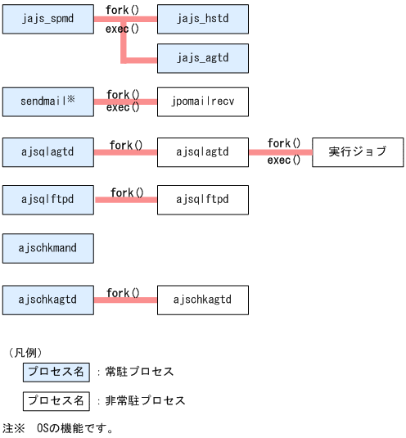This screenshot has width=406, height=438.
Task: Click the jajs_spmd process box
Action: coord(48,17)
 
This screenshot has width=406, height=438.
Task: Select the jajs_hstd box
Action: coord(202,17)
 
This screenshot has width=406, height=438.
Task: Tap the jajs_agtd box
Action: coord(202,58)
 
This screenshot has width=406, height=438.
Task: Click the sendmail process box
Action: coord(48,102)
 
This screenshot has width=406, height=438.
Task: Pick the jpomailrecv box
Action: coord(202,102)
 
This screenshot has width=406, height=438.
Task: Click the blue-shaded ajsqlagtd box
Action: coord(48,151)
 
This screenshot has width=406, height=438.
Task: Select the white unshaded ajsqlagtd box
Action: coord(202,151)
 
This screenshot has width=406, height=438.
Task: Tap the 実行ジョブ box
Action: coord(358,151)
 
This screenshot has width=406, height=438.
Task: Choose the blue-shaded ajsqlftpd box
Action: coord(48,200)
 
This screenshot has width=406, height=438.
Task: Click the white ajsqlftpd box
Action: coord(202,200)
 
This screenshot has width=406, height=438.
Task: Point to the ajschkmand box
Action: coord(48,248)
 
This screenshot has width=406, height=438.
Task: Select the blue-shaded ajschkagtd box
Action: coord(48,300)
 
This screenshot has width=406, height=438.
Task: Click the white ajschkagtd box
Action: coord(202,300)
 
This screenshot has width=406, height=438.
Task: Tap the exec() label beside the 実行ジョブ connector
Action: coord(283,160)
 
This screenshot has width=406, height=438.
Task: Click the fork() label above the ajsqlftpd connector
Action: coord(127,192)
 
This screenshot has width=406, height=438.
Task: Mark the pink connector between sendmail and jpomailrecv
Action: coord(125,102)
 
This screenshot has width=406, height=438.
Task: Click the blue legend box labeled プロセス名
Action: coord(56,372)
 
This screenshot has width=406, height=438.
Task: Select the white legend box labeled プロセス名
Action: coord(56,401)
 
